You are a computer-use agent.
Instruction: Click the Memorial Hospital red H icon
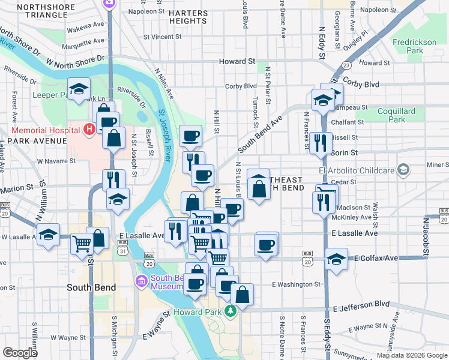pos(89,128)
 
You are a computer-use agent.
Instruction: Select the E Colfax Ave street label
pos(376,258)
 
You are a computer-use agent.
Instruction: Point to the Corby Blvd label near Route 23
pos(361,85)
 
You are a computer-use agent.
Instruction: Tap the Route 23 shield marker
pos(346,65)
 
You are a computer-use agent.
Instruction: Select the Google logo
pos(20,353)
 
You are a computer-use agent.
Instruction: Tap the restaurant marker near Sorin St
pos(321,142)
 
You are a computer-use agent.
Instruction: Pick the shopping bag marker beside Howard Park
pos(243,295)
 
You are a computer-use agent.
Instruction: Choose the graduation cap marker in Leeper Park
pos(79,89)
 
